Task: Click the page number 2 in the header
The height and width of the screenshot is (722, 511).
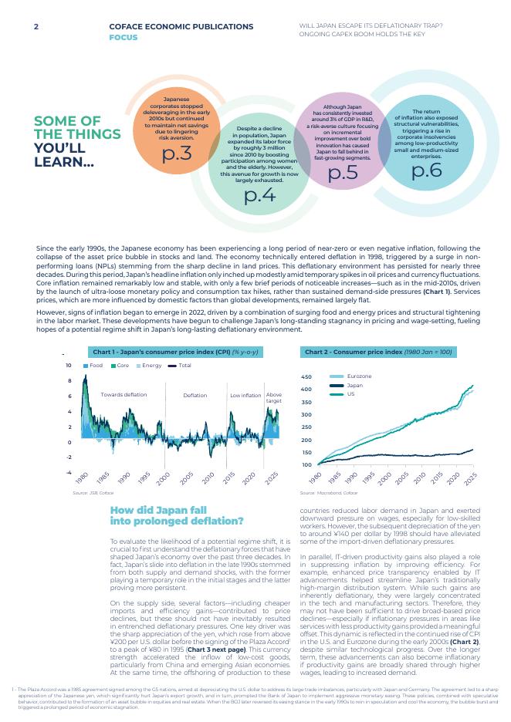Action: click(x=36, y=27)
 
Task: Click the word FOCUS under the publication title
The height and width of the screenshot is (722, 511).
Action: click(x=124, y=36)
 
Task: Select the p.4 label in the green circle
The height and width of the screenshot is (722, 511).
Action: click(x=259, y=194)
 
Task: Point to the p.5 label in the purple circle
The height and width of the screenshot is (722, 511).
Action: click(x=343, y=171)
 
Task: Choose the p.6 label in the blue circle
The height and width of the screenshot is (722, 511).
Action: click(x=427, y=170)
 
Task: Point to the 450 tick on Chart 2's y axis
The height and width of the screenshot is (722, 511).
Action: click(x=306, y=377)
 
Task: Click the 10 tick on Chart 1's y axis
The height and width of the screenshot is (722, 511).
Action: click(x=68, y=366)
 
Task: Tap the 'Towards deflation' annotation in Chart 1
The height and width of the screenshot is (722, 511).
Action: click(x=124, y=395)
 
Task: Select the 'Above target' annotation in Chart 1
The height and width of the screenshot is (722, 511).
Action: click(x=274, y=398)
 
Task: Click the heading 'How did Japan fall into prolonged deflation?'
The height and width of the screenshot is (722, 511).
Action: click(x=178, y=516)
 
